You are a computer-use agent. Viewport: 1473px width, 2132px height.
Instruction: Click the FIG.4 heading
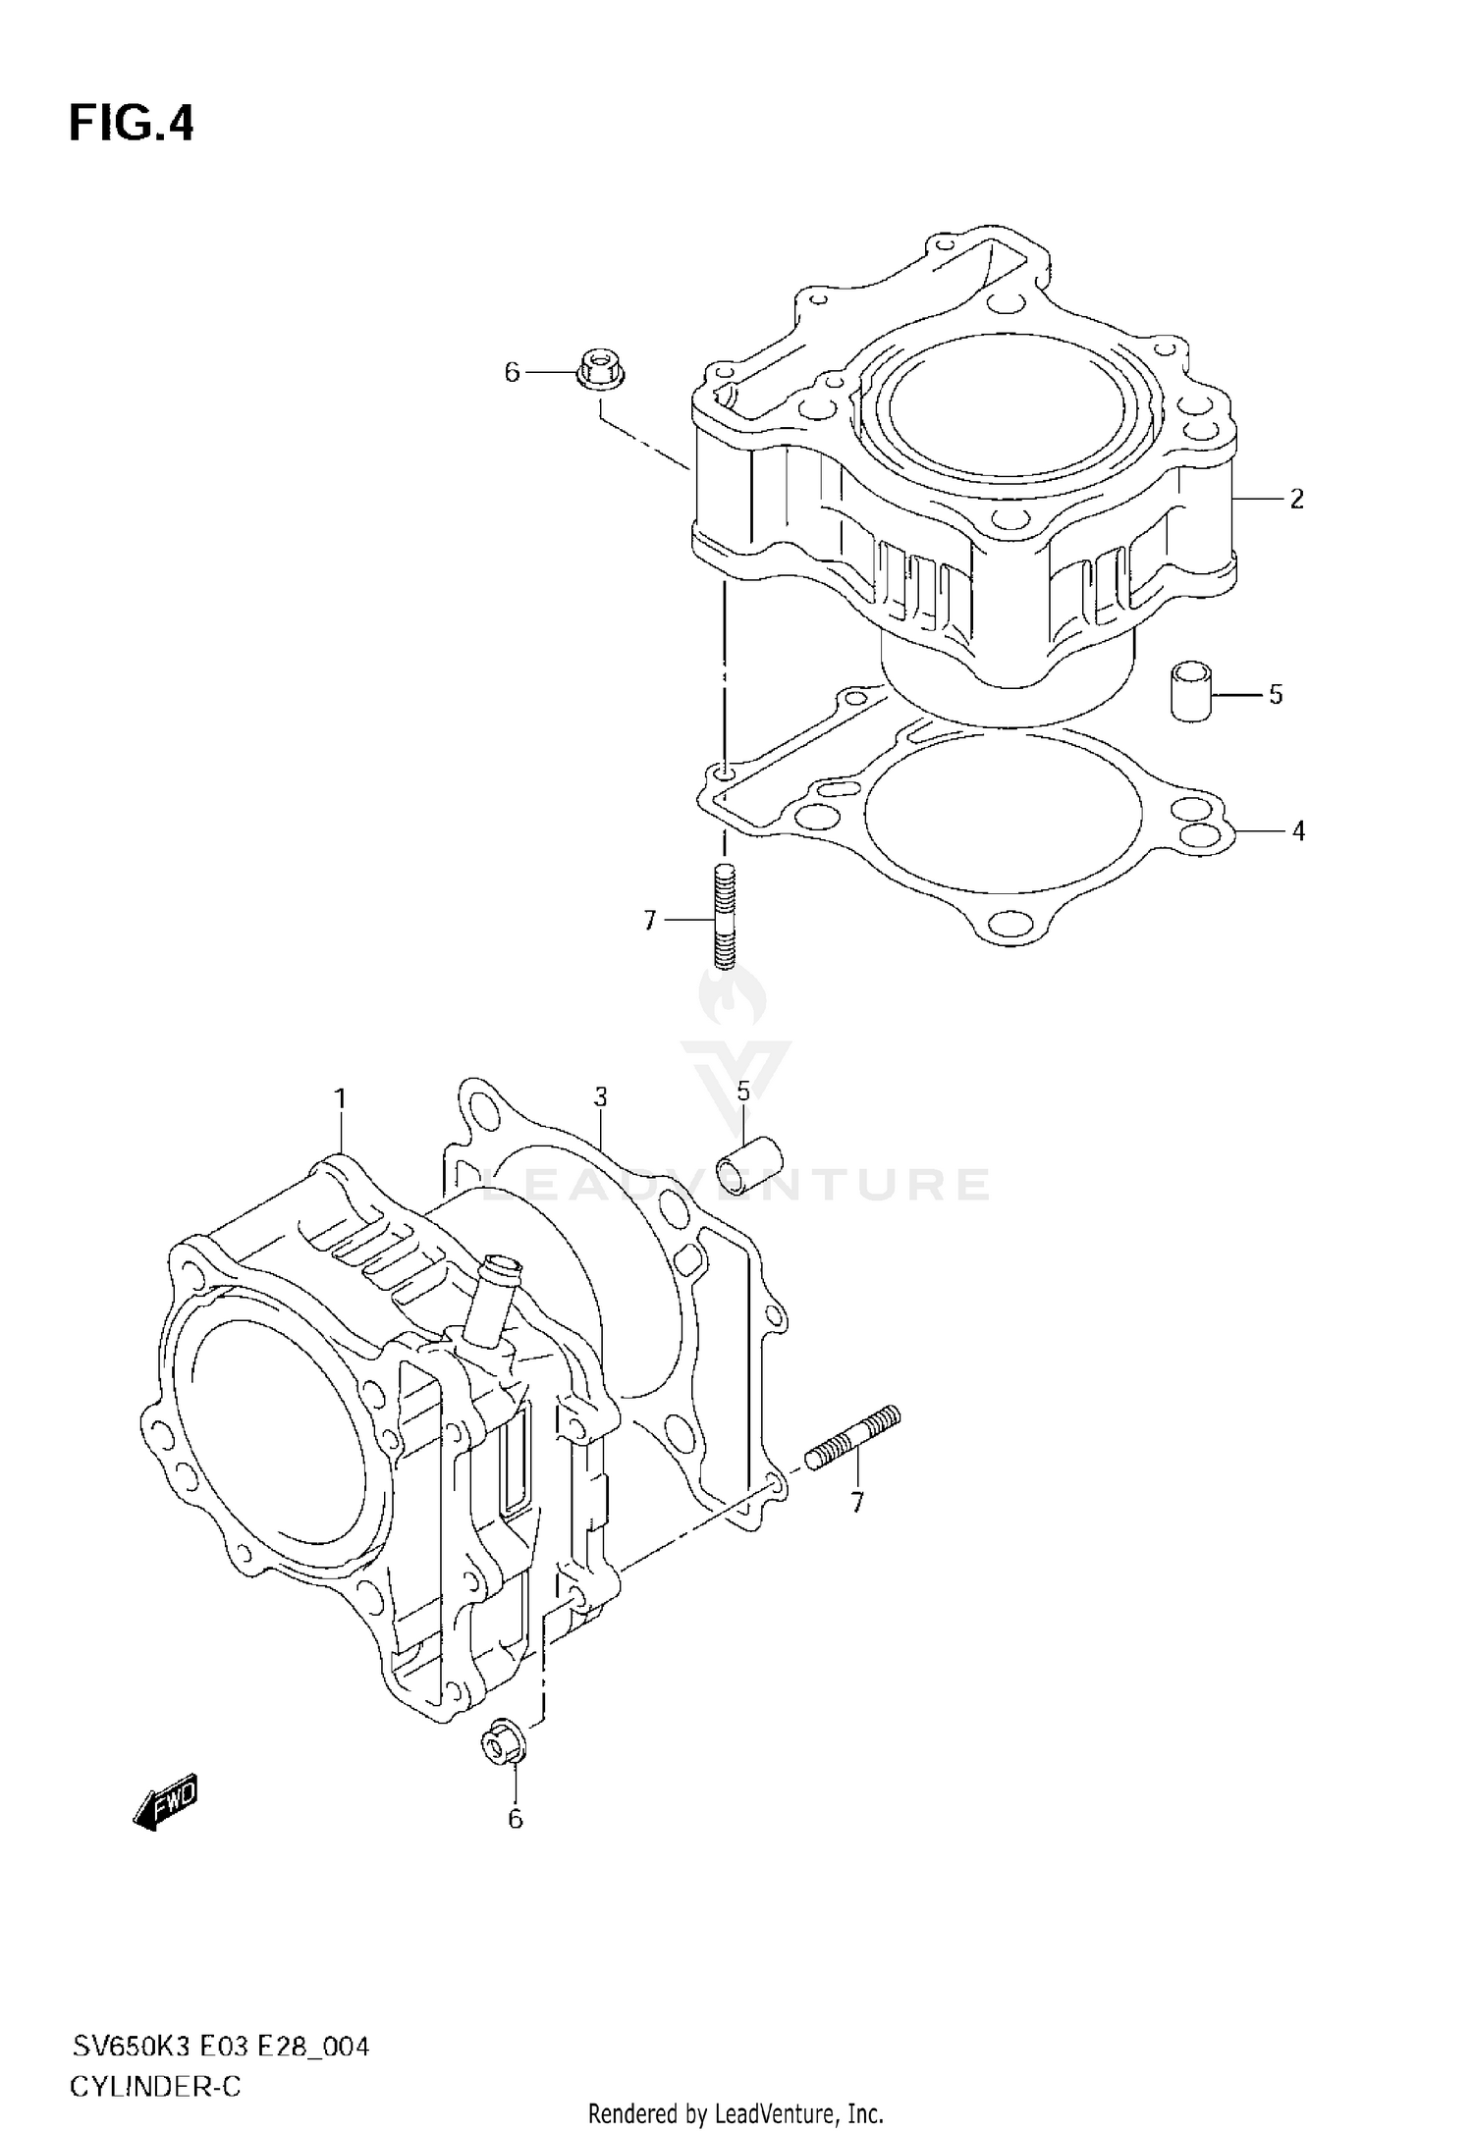(132, 126)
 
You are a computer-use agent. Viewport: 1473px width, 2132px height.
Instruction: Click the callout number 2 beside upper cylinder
(1296, 499)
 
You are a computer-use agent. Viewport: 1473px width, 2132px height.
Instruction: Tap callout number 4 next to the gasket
(1297, 831)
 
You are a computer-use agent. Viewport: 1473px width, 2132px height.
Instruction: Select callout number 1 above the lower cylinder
(340, 1099)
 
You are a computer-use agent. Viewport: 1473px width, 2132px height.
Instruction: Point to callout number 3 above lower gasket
(601, 1096)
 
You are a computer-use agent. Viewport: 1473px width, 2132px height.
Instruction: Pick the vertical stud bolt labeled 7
(724, 915)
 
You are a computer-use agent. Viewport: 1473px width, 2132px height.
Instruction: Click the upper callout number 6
(512, 372)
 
